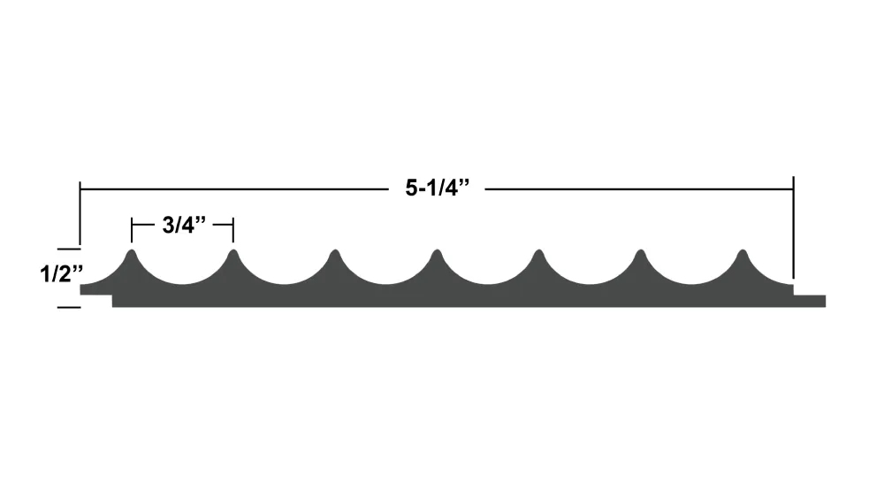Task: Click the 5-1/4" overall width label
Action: (x=437, y=188)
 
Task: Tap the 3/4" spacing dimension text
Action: (x=184, y=225)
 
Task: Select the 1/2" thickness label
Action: (x=62, y=274)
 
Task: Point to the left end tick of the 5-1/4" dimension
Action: (x=80, y=213)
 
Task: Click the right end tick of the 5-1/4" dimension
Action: (x=794, y=227)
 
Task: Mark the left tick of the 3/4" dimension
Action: (x=132, y=230)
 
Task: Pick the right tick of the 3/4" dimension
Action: (x=233, y=230)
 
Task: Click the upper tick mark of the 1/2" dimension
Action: (x=69, y=249)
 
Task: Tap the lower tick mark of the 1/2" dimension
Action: (x=69, y=308)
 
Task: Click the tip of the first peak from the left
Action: (x=132, y=250)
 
